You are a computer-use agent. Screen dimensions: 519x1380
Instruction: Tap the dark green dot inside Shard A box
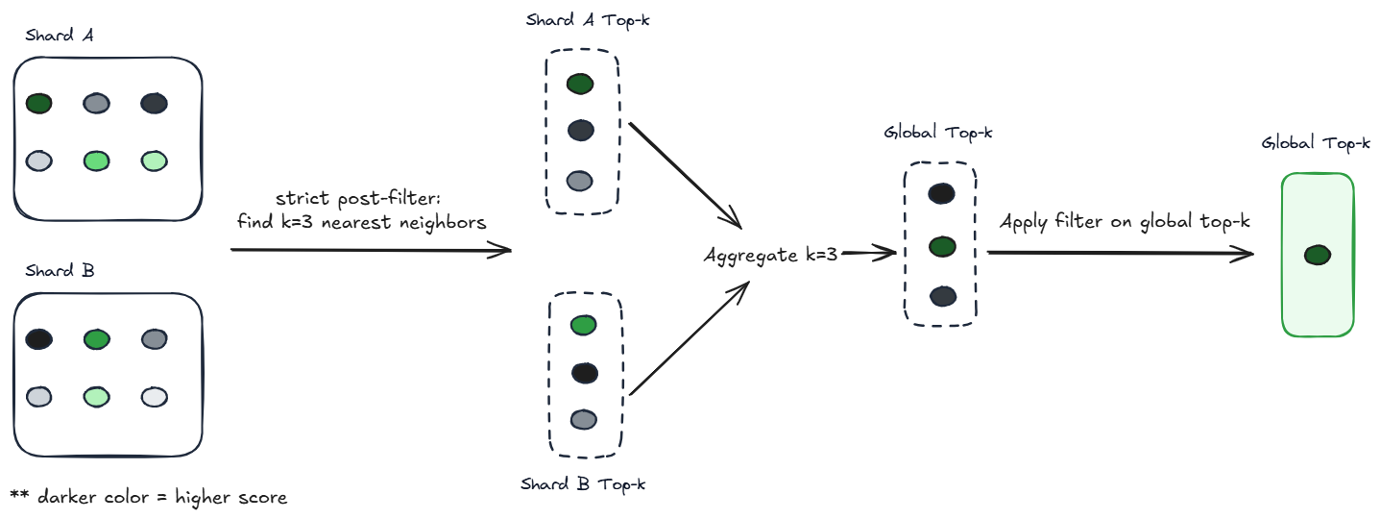click(38, 103)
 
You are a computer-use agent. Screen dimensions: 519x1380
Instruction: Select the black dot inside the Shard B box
click(38, 338)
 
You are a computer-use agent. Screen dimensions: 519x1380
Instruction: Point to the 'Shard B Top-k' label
click(583, 483)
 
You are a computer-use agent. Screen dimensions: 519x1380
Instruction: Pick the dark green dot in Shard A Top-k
click(580, 84)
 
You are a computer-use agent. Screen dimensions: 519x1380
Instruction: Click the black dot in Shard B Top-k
click(585, 372)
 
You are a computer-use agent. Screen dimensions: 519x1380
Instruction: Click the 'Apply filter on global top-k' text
click(1125, 222)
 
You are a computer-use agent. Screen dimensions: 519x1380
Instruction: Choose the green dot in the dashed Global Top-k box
click(941, 248)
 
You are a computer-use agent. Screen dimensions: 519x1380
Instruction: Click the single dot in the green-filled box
click(1318, 255)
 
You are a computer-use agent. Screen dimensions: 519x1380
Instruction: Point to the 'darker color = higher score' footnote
click(149, 497)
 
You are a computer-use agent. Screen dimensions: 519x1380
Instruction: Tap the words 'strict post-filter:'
click(356, 199)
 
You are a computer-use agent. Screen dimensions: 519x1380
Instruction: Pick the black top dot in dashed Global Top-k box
click(941, 194)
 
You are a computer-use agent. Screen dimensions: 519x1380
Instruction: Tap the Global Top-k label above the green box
click(1316, 144)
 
